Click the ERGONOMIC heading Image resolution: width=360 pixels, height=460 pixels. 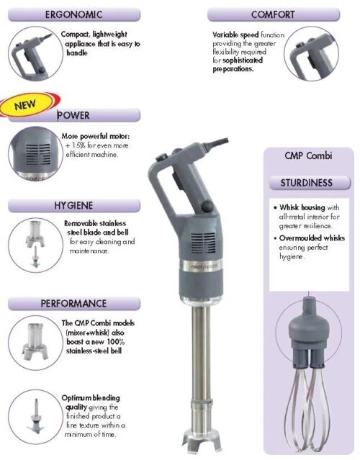click(x=73, y=14)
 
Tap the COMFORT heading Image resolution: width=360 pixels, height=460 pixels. click(x=273, y=14)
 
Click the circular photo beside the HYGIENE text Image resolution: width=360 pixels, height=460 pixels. click(x=32, y=242)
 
